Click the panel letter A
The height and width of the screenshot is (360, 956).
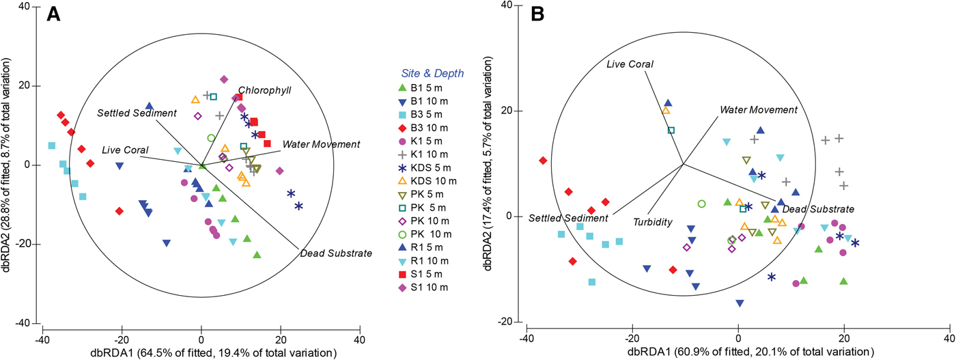tap(55, 15)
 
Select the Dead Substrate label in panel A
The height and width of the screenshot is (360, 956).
tap(336, 254)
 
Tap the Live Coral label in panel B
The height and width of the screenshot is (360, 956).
tap(630, 64)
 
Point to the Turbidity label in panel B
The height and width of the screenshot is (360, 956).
tap(650, 223)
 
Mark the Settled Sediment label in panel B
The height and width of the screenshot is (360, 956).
tap(568, 218)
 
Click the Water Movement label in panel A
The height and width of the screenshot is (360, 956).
tap(321, 144)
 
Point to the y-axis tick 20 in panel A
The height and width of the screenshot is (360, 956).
tap(31, 86)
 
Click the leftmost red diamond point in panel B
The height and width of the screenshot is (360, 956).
tap(544, 161)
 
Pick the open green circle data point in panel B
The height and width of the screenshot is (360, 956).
tap(701, 204)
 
